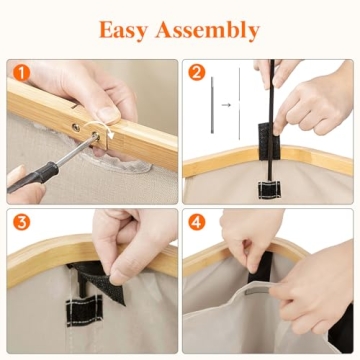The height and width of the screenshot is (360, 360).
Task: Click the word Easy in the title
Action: [123, 30]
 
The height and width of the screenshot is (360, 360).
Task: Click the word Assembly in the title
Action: [207, 30]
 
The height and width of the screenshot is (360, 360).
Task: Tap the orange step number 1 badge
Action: [21, 73]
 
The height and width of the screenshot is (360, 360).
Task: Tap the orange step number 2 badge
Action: [196, 73]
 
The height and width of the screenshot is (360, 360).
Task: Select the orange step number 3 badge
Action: [21, 222]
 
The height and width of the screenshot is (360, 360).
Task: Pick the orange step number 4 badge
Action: [196, 222]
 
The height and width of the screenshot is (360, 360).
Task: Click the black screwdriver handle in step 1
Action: [33, 176]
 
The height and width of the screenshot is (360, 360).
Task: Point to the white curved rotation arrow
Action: [100, 128]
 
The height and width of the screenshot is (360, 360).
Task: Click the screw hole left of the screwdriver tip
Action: [76, 127]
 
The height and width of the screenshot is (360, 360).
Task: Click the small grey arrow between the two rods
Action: [226, 105]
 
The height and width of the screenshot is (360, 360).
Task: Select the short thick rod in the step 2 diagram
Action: [212, 105]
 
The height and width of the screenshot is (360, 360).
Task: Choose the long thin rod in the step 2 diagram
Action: [239, 104]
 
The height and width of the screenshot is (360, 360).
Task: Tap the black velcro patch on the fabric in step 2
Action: [269, 190]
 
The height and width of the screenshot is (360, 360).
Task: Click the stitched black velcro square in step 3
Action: [84, 312]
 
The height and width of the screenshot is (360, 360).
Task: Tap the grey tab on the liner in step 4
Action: [257, 291]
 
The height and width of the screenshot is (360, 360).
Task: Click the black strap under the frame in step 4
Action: [261, 267]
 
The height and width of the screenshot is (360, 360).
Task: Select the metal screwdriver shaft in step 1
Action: [77, 150]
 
